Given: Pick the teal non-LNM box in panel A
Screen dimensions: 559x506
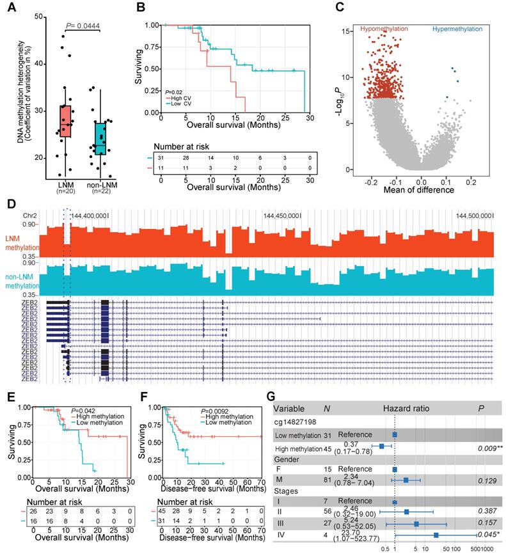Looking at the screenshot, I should pos(100,138).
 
